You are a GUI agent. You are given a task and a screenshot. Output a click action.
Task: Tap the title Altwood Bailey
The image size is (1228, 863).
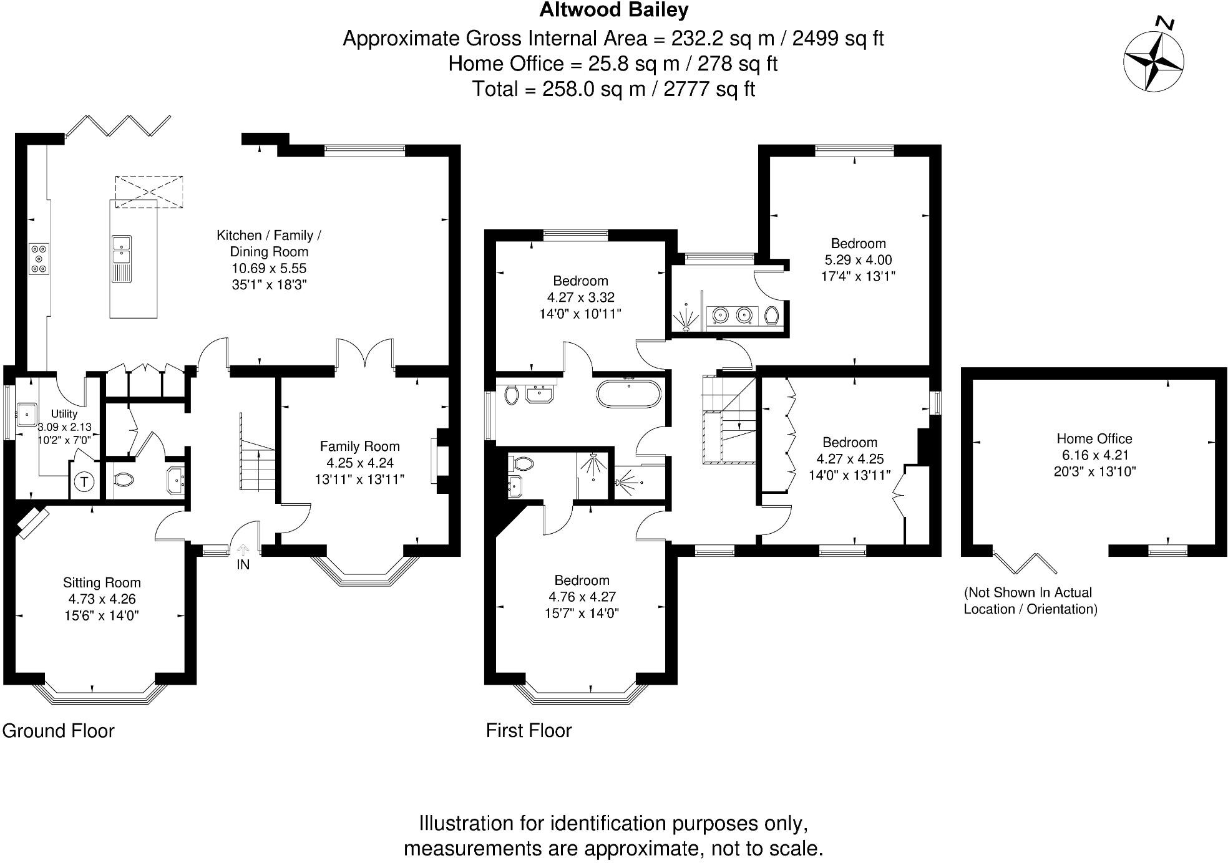[x=614, y=10]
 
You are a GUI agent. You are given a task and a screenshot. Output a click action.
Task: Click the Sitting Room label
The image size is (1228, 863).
[x=102, y=582]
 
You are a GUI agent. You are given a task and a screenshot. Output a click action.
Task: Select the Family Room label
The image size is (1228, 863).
[x=359, y=446]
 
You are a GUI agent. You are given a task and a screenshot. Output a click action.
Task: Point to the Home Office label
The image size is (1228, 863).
[x=1094, y=438]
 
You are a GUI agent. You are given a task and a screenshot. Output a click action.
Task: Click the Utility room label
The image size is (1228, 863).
[x=64, y=413]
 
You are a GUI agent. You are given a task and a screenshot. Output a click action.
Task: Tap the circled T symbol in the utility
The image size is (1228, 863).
[x=84, y=481]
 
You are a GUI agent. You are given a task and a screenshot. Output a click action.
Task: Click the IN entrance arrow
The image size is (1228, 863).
[x=243, y=550]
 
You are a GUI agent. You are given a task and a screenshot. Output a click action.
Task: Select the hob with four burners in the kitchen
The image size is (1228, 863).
[x=39, y=258]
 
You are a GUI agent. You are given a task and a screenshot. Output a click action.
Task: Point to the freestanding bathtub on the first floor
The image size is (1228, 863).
[x=628, y=394]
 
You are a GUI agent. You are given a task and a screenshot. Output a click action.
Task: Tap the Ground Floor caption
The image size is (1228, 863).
[x=59, y=731]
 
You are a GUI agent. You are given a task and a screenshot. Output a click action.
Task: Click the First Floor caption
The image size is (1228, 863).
[x=529, y=731]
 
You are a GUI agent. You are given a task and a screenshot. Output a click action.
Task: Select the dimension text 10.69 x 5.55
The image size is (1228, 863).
[x=269, y=268]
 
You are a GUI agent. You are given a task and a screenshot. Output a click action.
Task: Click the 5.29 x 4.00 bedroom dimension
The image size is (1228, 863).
[x=858, y=260]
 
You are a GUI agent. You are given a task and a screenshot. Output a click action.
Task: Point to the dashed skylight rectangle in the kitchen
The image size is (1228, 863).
[x=149, y=191]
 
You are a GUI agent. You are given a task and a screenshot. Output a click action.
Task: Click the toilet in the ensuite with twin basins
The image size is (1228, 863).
[x=772, y=316]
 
